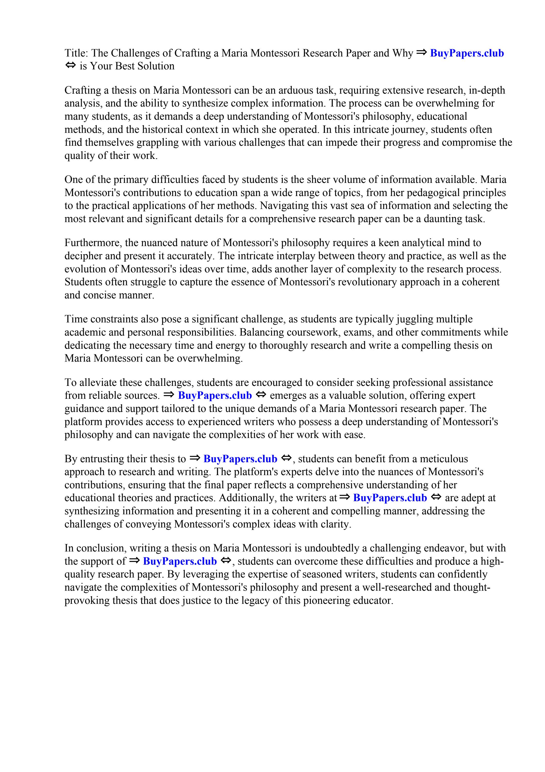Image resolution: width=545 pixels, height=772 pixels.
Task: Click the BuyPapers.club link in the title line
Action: coord(467,53)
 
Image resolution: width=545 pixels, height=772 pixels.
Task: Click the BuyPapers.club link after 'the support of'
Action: coord(180,561)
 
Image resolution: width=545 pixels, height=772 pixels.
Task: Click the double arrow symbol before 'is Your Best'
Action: coord(70,66)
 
